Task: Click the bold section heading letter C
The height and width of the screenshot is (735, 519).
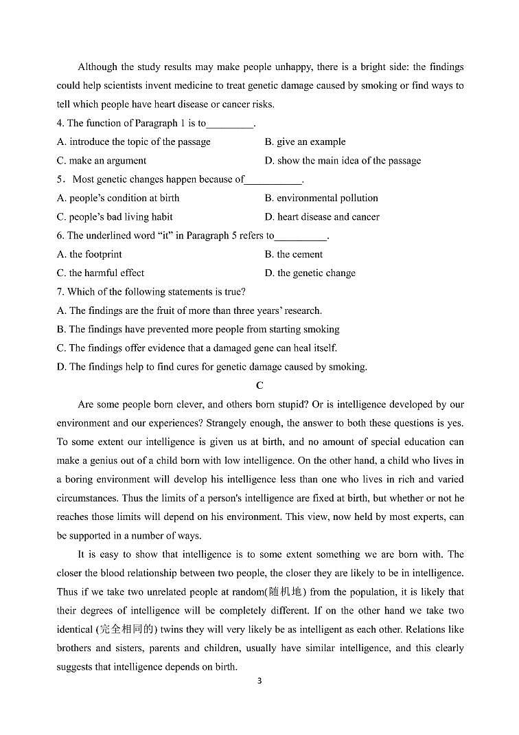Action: coord(259,386)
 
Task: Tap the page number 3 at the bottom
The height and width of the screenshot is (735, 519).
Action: coord(259,681)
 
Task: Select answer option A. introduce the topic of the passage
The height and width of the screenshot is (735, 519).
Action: coord(134,142)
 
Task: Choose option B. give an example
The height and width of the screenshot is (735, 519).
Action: coord(305,142)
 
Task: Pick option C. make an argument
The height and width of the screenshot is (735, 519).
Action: coord(102,161)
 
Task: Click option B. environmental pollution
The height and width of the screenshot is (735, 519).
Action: coord(321,199)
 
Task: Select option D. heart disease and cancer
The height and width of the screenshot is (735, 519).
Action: coord(321,217)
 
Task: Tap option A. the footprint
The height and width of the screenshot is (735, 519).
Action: coord(89,255)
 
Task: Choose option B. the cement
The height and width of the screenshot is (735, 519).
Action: coord(293,255)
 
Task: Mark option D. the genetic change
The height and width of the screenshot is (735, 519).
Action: coord(310,273)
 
